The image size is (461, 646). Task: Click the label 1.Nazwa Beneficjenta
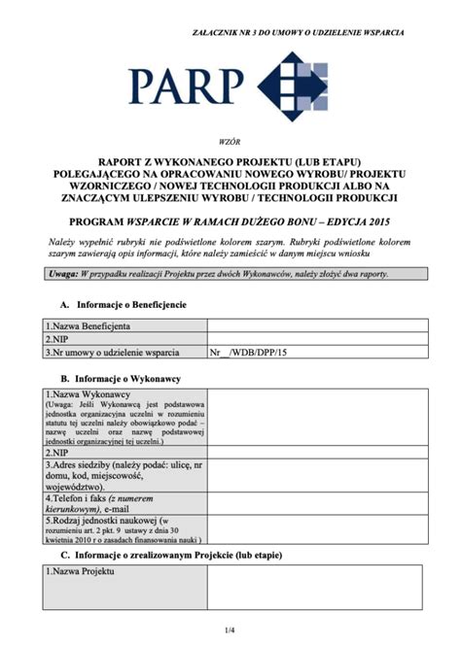89,326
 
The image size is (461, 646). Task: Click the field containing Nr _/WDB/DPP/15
251,354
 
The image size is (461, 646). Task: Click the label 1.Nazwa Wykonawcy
89,394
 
